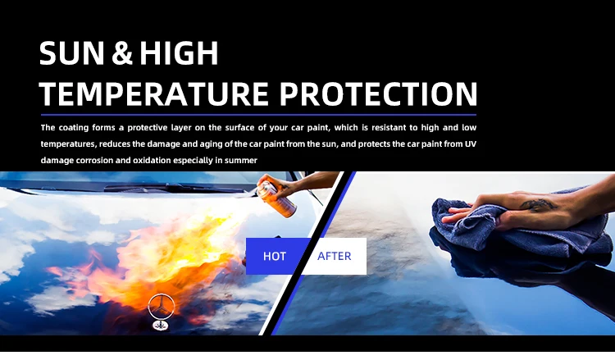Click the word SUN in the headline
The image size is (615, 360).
click(x=72, y=52)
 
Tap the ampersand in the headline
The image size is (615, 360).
click(x=122, y=53)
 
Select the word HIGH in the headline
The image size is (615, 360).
click(x=179, y=53)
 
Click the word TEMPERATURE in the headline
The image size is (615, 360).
click(x=154, y=94)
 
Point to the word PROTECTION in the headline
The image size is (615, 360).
click(x=378, y=94)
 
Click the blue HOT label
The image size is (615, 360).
click(x=275, y=256)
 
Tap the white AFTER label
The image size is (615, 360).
click(x=335, y=256)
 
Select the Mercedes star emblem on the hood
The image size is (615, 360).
click(x=161, y=306)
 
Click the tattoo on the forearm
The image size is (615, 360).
click(x=538, y=205)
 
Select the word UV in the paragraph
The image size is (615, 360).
click(x=471, y=144)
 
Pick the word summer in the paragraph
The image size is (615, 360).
click(x=241, y=161)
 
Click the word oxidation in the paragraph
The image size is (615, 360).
click(x=152, y=161)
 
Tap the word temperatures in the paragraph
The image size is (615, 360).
click(x=68, y=144)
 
